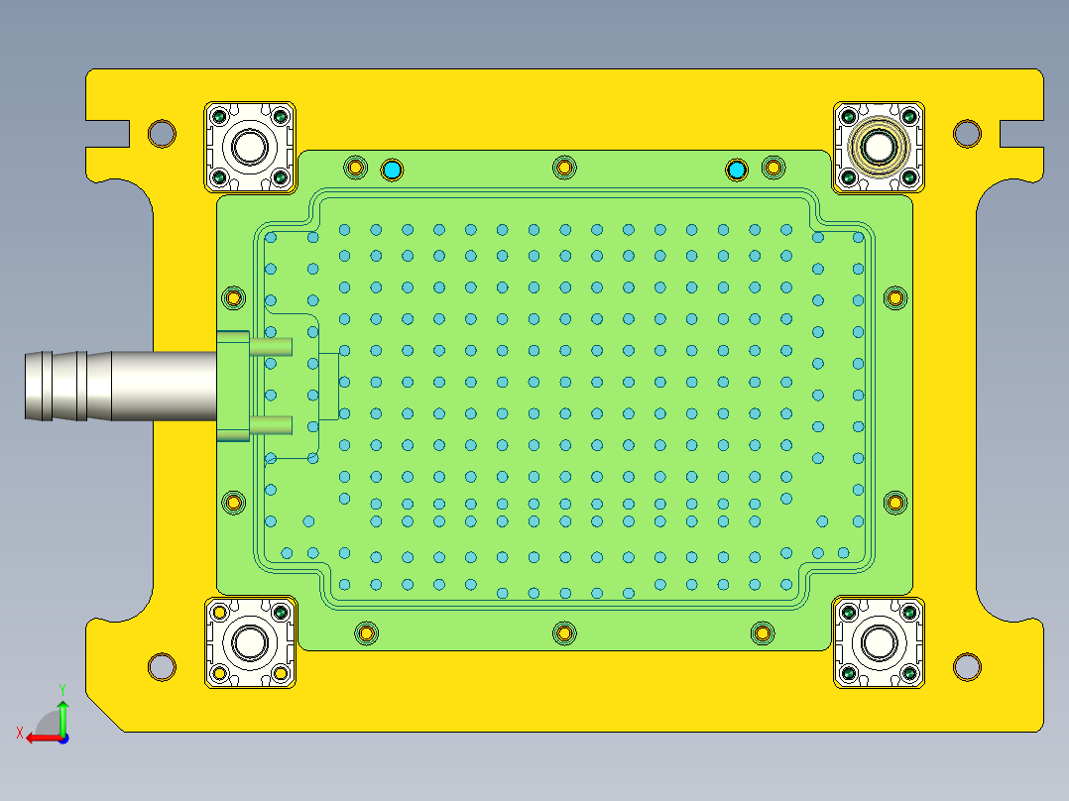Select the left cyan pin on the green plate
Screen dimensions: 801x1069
click(x=393, y=171)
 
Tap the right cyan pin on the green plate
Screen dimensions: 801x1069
click(x=736, y=171)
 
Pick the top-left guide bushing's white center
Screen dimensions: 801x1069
click(x=249, y=148)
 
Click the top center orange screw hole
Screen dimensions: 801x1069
click(x=564, y=167)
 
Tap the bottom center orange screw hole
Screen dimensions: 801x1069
click(x=564, y=632)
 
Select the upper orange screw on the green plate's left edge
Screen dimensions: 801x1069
click(x=234, y=297)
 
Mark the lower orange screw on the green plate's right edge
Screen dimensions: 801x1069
click(x=894, y=503)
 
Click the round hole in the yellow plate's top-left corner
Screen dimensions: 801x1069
click(x=162, y=132)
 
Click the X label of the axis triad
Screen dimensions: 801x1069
click(x=19, y=733)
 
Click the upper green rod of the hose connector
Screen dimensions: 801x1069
click(x=270, y=347)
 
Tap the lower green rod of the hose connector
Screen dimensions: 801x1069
click(x=270, y=425)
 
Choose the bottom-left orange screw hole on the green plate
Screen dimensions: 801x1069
click(x=366, y=632)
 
